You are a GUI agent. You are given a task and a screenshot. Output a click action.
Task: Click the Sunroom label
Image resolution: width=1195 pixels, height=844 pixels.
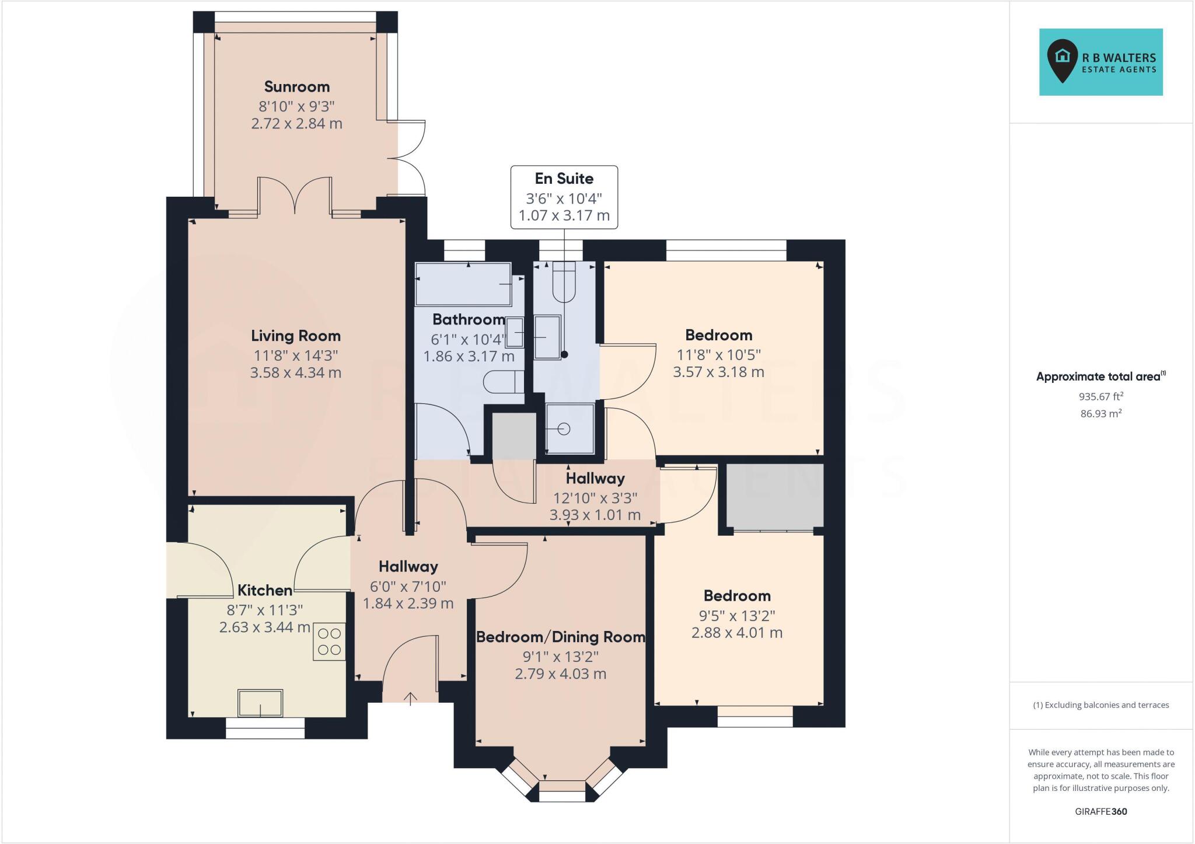click(x=296, y=87)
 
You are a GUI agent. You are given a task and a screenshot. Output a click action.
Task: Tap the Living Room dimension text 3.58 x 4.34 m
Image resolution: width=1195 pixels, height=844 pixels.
click(x=295, y=372)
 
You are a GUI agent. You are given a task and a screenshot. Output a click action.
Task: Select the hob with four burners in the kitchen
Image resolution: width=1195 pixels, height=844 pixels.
click(x=329, y=641)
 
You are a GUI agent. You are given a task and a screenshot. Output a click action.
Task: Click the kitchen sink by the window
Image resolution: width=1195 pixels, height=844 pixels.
click(x=260, y=703)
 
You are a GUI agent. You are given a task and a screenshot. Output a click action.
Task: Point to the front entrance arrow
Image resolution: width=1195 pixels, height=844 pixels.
click(x=411, y=698)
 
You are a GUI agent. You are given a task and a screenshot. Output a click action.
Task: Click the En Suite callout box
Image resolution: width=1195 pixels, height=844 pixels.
click(x=564, y=197)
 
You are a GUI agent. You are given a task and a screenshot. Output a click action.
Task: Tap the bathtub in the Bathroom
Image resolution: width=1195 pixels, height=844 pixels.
click(x=463, y=284)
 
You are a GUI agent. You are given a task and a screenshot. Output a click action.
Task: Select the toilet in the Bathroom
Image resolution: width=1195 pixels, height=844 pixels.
click(x=504, y=382)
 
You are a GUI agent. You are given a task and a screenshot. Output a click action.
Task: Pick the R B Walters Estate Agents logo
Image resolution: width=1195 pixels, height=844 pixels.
click(x=1100, y=62)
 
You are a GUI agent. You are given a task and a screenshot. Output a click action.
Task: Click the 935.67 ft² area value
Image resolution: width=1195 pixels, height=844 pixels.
click(x=1100, y=396)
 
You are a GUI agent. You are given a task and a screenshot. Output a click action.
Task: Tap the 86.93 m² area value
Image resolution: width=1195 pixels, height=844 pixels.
click(x=1100, y=414)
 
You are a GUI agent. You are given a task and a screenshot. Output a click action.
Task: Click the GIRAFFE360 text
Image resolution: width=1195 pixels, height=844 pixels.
click(x=1100, y=811)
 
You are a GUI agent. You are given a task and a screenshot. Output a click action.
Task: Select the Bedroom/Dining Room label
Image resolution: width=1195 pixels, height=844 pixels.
click(x=560, y=637)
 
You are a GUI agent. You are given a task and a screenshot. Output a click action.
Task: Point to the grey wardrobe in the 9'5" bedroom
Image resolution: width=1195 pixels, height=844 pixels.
click(x=774, y=496)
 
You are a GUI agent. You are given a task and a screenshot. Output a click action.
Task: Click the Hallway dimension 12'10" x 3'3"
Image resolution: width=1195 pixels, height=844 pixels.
click(x=595, y=498)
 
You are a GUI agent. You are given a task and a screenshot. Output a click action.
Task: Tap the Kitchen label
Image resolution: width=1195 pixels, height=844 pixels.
click(x=264, y=590)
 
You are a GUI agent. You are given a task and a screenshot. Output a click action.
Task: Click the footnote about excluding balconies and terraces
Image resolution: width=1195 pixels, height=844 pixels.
click(x=1100, y=705)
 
